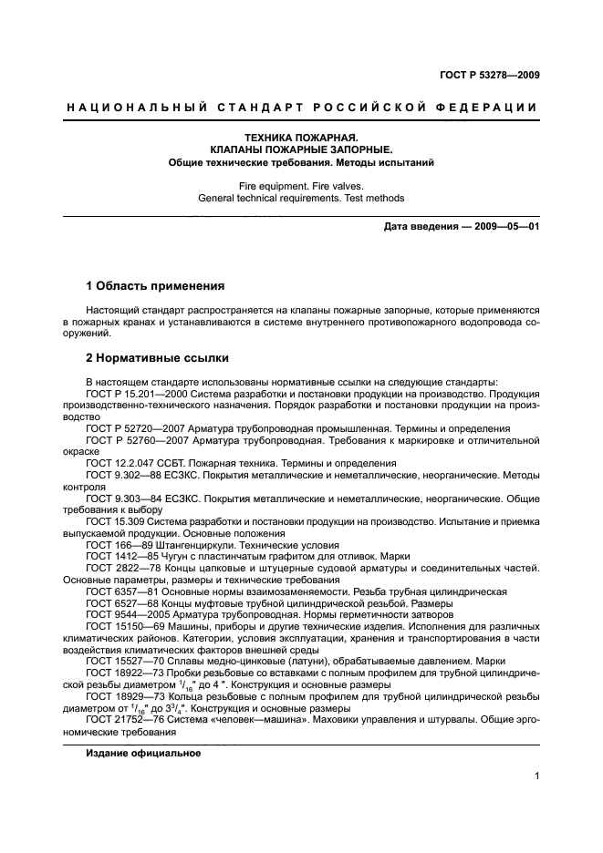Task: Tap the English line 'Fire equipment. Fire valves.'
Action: pyautogui.click(x=301, y=185)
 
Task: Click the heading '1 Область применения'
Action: pyautogui.click(x=154, y=285)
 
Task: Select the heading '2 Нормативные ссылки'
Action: pyautogui.click(x=157, y=358)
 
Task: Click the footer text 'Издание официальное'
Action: pyautogui.click(x=143, y=755)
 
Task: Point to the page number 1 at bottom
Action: pyautogui.click(x=537, y=776)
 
